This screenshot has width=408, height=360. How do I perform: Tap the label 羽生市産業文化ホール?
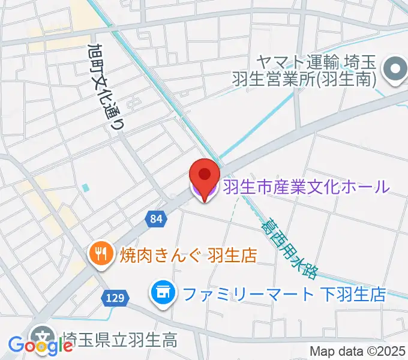click(306, 187)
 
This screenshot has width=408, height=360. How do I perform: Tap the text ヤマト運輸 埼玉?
click(314, 61)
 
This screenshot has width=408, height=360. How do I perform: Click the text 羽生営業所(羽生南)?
click(304, 79)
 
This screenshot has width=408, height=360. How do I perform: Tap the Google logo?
click(41, 346)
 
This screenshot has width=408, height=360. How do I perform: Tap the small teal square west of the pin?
click(85, 188)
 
